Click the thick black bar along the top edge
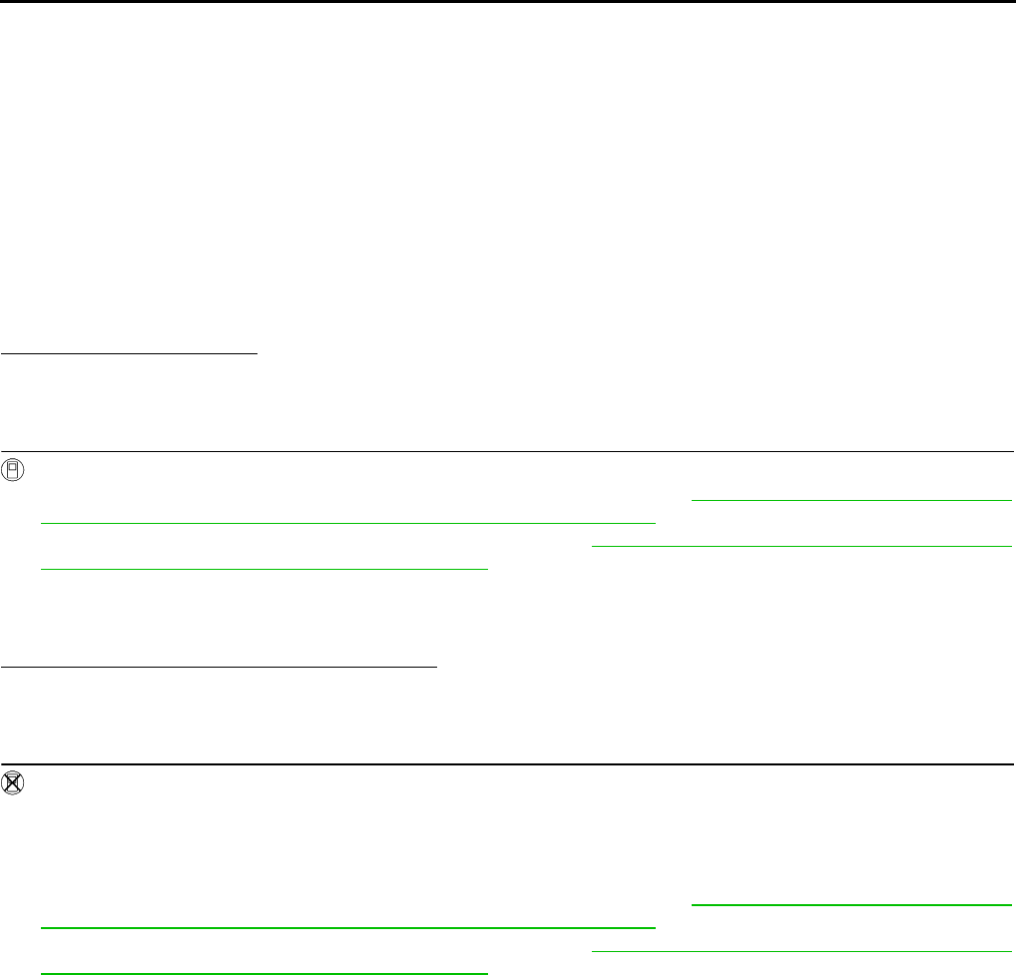(508, 2)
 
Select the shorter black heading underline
(129, 352)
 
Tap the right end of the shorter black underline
(256, 352)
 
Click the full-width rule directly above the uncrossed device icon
(508, 452)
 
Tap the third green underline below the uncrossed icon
(801, 546)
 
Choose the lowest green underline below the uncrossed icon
(263, 570)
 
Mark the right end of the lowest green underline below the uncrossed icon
(488, 570)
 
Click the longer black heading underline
(219, 666)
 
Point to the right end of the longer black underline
(437, 666)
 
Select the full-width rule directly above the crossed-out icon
(508, 765)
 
